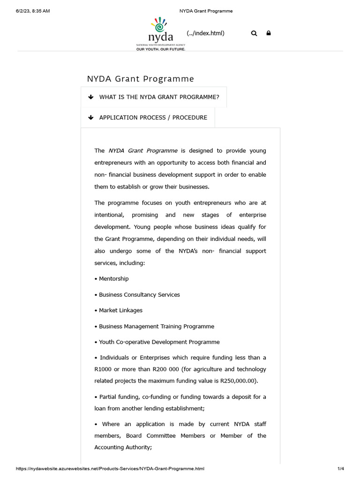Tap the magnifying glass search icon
(254, 33)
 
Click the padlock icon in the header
(269, 33)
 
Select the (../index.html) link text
(205, 33)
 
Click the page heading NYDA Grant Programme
(140, 79)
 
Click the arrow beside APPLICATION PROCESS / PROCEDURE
(91, 118)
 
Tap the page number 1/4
(340, 469)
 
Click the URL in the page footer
(110, 469)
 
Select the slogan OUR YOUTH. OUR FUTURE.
(160, 49)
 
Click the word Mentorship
(113, 278)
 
